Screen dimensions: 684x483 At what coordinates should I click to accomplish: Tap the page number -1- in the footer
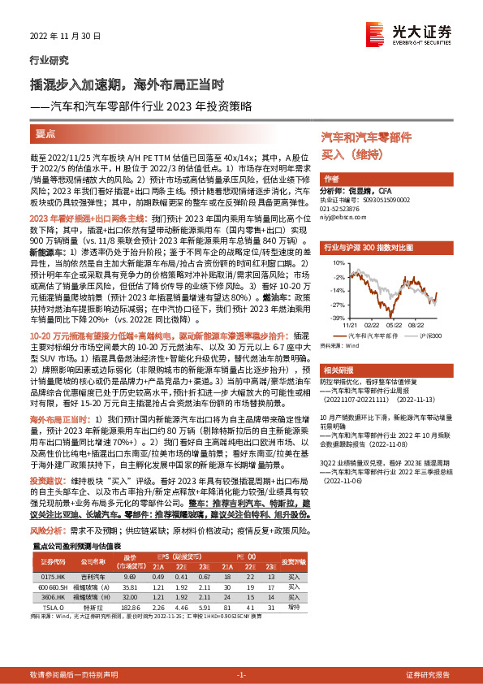point(240,674)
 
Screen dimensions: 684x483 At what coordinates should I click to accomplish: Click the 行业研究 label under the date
point(49,60)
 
